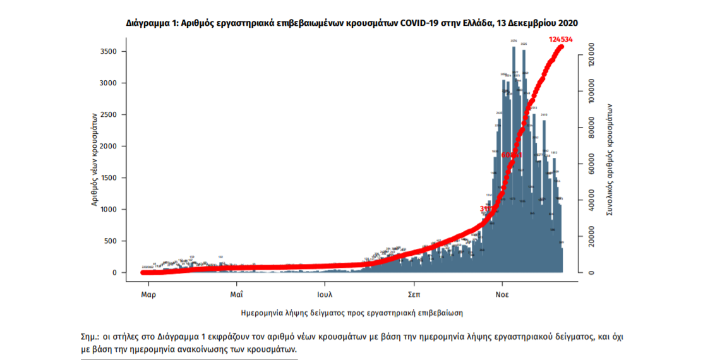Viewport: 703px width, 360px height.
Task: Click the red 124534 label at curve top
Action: pos(559,39)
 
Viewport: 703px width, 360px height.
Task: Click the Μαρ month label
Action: pos(148,294)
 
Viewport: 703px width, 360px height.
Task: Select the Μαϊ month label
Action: pos(237,294)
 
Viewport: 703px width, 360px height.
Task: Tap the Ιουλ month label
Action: pos(325,294)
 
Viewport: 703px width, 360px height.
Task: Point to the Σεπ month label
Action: pos(414,294)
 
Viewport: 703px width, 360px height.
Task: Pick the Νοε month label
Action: pos(502,294)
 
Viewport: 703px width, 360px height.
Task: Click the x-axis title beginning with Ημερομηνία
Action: pos(352,313)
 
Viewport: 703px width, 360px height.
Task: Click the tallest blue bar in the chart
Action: pos(514,158)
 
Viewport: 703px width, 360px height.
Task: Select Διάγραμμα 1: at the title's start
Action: pos(152,23)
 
